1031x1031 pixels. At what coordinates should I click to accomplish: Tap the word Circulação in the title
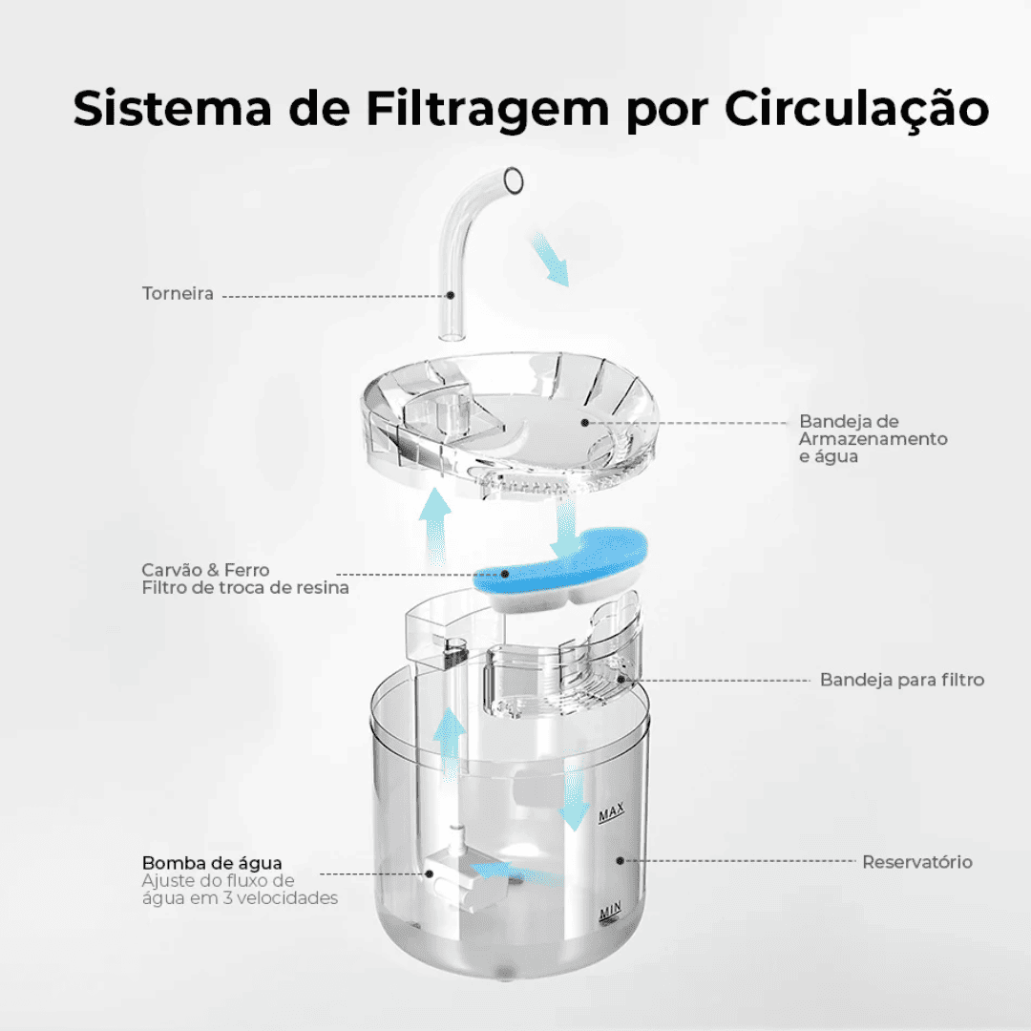point(856,107)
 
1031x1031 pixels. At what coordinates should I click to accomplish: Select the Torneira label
point(178,293)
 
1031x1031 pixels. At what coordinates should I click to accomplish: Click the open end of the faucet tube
point(513,180)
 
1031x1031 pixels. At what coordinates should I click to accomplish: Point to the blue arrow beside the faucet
point(550,259)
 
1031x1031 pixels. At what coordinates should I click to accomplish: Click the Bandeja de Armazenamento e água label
point(873,438)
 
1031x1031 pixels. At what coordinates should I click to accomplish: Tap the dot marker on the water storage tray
point(584,423)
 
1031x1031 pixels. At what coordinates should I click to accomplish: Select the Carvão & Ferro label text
point(205,569)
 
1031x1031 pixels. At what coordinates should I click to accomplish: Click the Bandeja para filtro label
point(902,680)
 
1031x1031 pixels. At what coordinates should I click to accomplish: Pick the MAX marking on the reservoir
point(612,812)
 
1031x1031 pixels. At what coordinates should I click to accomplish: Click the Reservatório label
point(917,861)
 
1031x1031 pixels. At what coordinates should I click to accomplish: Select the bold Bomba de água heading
point(212,863)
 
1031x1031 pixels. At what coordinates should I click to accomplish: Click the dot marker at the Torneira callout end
point(451,295)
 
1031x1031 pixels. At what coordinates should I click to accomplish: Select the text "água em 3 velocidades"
point(240,897)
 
